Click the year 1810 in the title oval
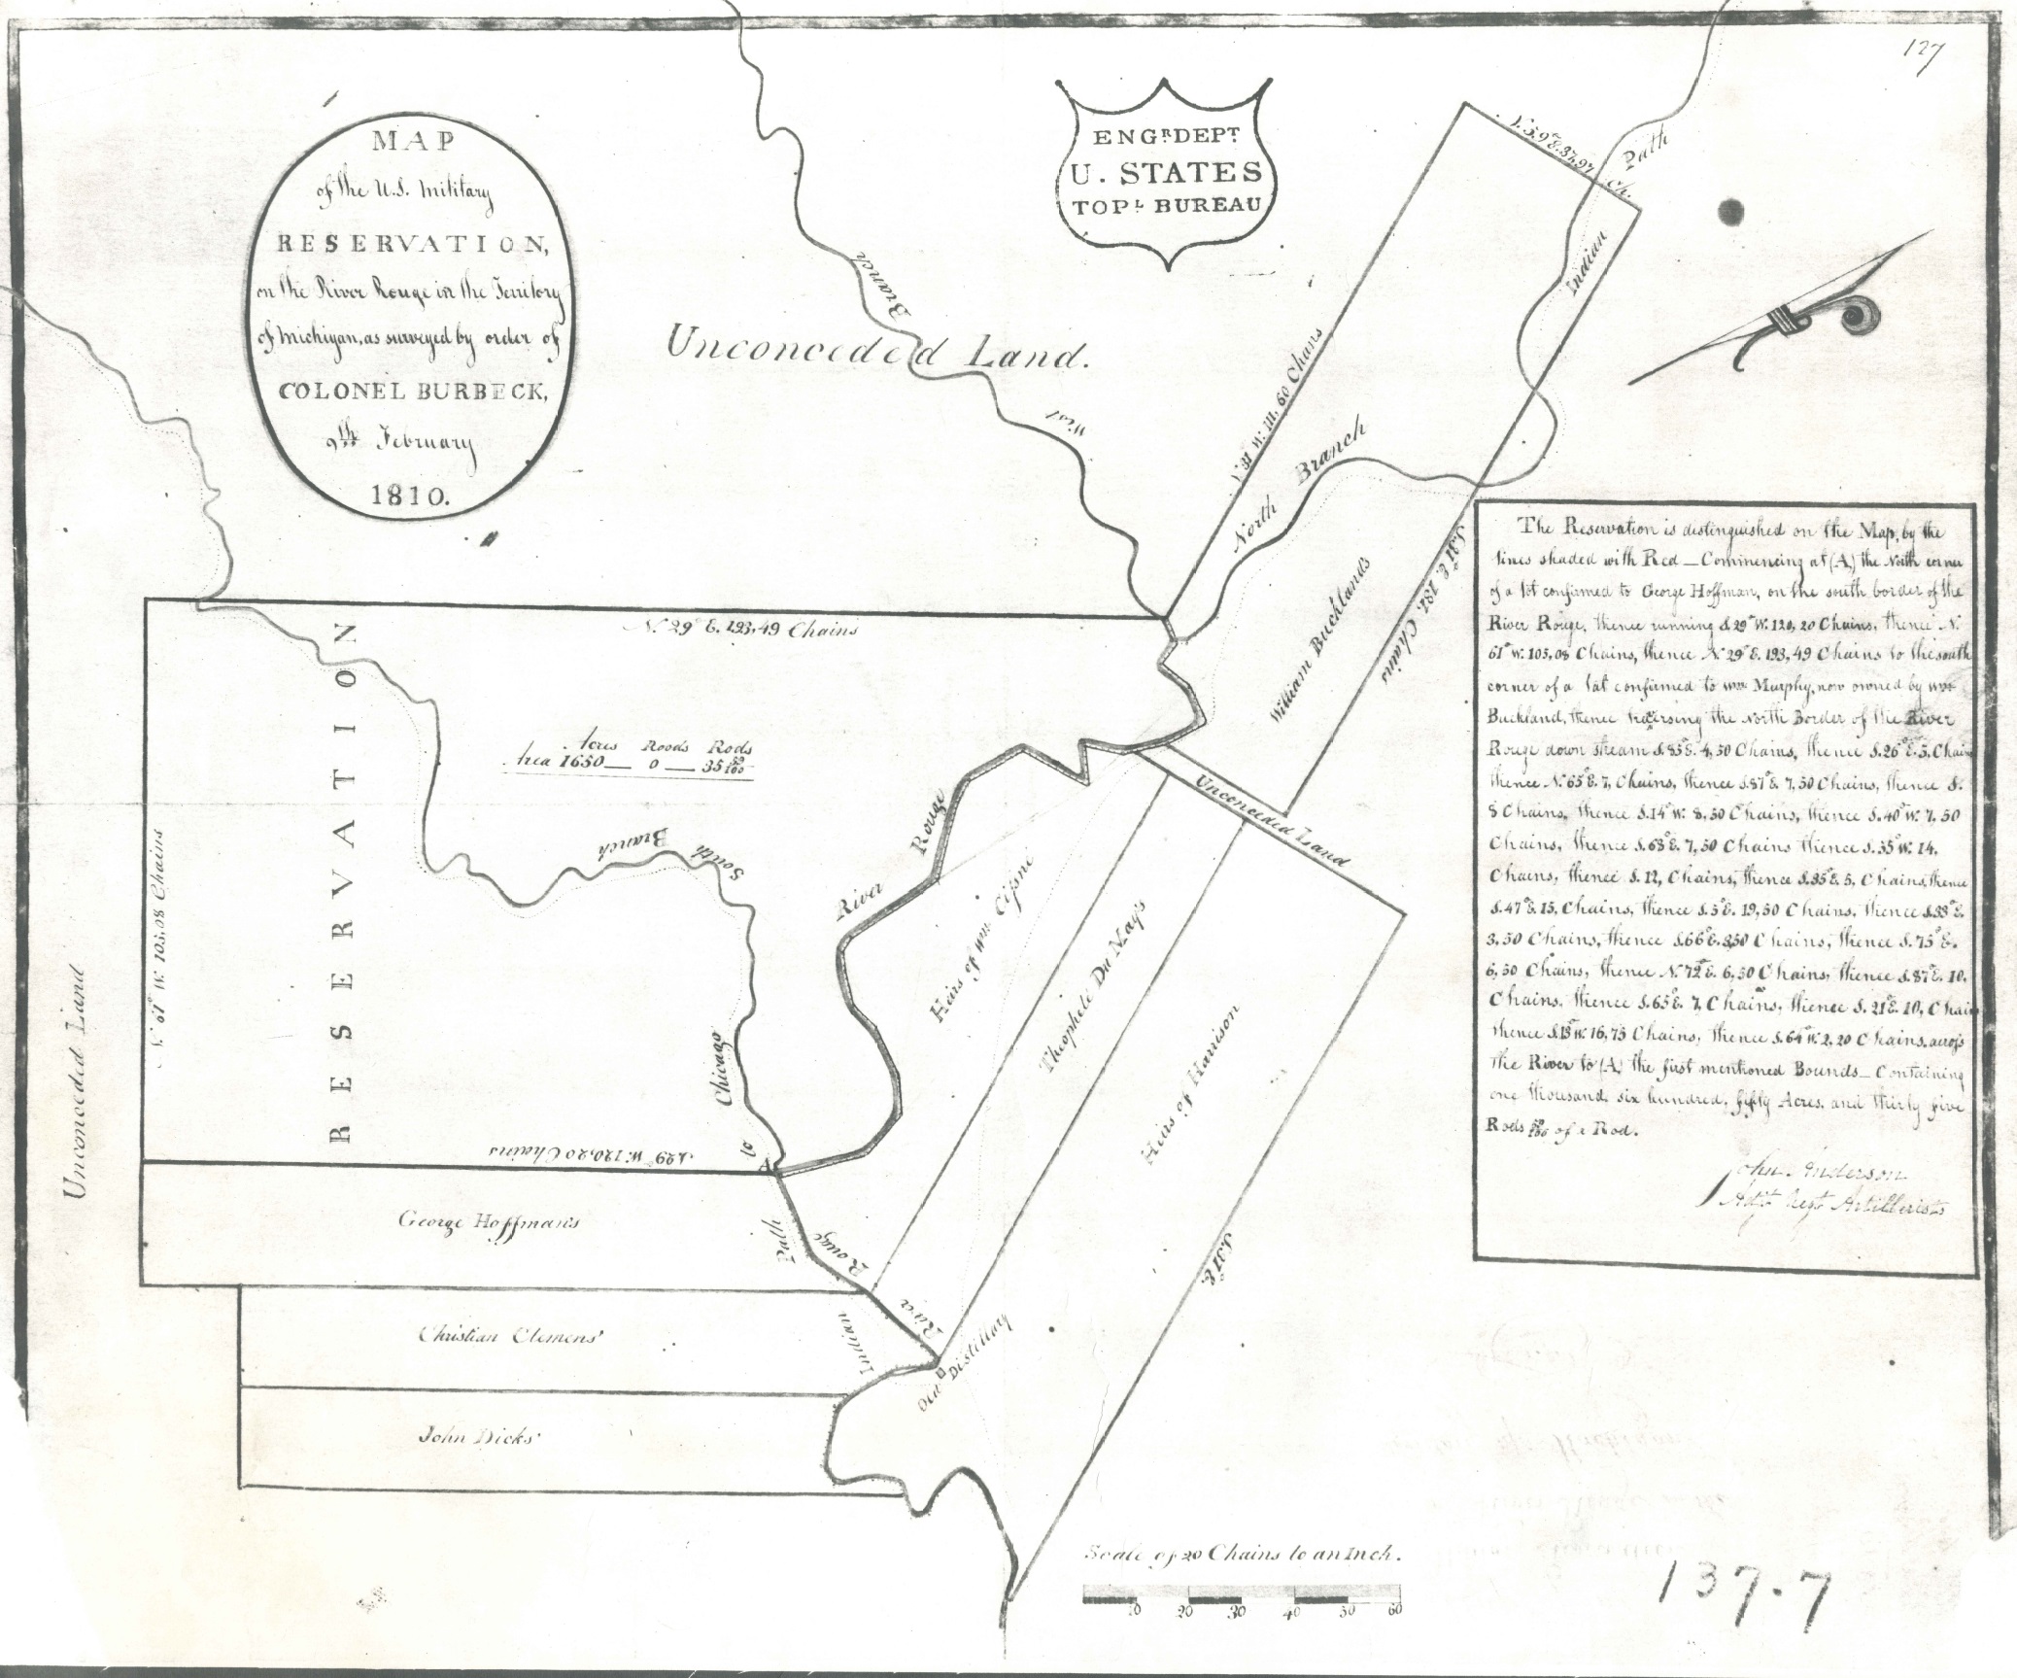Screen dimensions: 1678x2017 pyautogui.click(x=409, y=494)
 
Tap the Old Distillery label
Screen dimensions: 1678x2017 pyautogui.click(x=965, y=1360)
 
